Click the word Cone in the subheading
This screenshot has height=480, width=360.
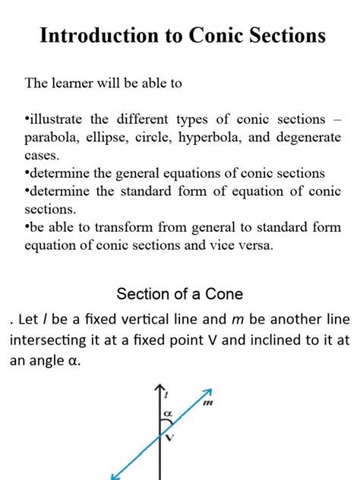[227, 294]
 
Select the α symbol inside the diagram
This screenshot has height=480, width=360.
[168, 415]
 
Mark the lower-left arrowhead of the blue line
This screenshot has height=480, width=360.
[115, 476]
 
